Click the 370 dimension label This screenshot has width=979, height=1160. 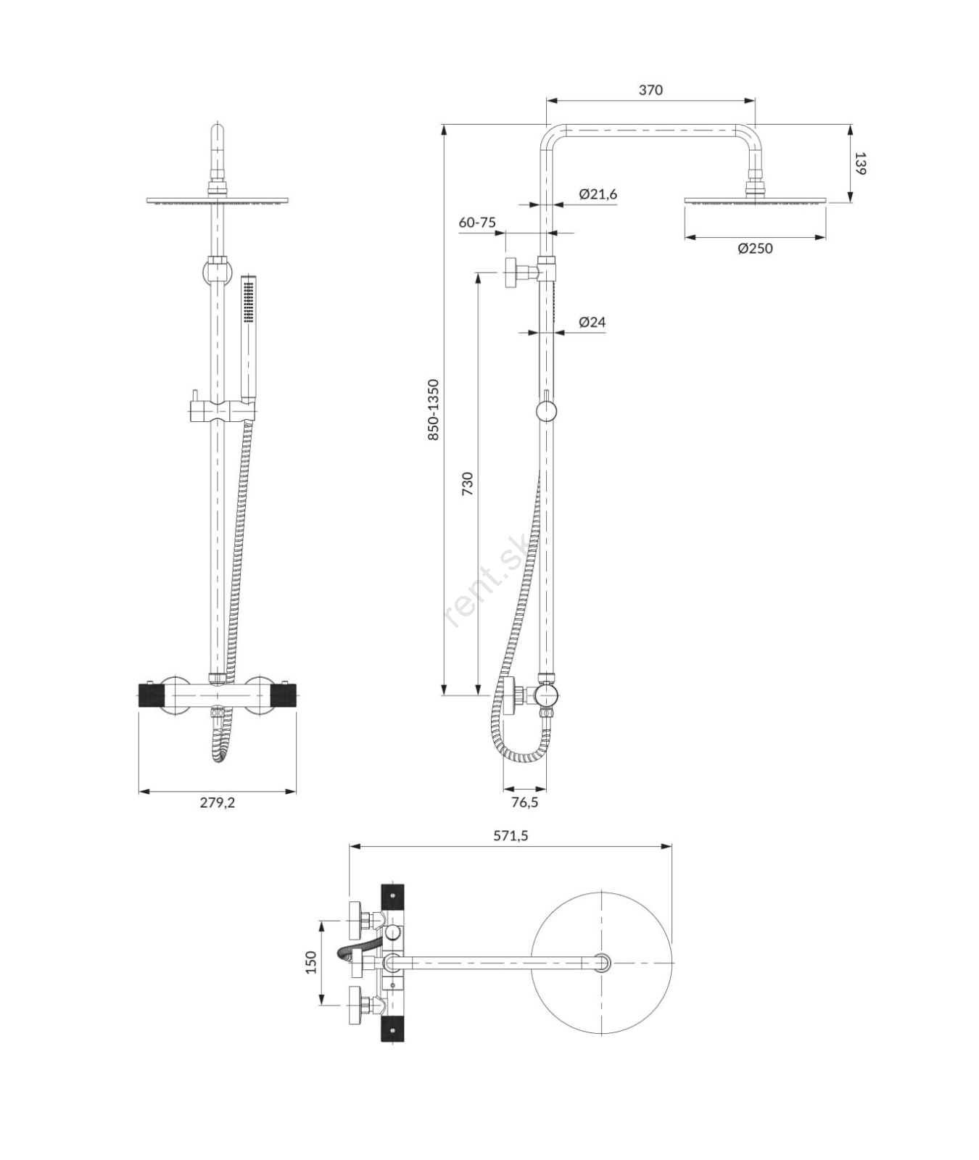point(650,90)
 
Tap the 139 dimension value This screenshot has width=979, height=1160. point(860,163)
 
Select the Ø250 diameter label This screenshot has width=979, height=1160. point(755,248)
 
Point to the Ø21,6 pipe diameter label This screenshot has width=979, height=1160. point(598,194)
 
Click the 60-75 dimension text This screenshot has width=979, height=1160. point(477,222)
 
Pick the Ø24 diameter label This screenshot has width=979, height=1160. point(592,322)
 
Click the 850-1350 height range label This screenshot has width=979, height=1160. point(433,410)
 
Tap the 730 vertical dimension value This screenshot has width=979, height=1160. point(467,484)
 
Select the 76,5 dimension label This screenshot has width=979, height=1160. point(524,802)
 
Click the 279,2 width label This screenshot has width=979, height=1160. point(218,802)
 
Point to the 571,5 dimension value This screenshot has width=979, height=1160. point(511,835)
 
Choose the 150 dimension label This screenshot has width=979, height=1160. point(311,962)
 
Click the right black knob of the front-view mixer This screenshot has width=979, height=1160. point(283,697)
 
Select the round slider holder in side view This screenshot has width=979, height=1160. point(547,411)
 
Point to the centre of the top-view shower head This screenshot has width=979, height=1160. point(602,963)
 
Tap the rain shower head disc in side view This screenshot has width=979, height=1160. point(755,201)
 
